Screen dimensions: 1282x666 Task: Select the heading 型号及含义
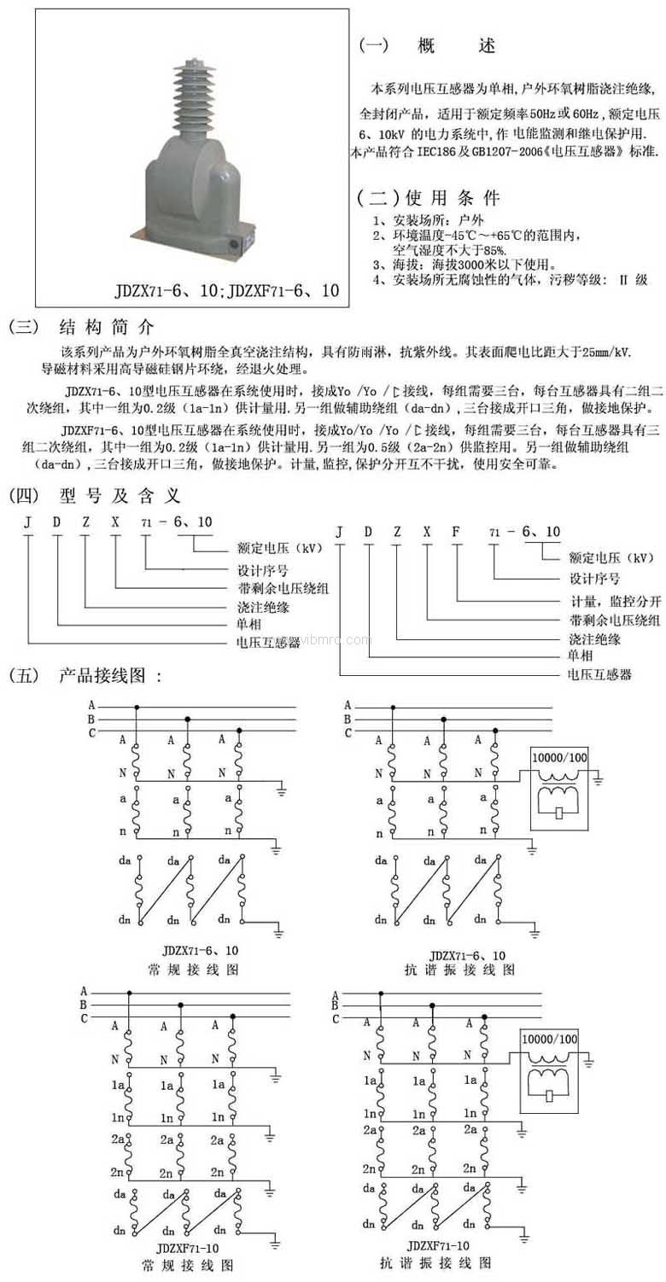(120, 495)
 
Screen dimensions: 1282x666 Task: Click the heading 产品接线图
(110, 677)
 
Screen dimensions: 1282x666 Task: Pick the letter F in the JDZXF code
(455, 532)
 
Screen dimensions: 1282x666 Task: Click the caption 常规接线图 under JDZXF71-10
(190, 1264)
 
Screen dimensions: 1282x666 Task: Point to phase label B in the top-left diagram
(91, 719)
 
